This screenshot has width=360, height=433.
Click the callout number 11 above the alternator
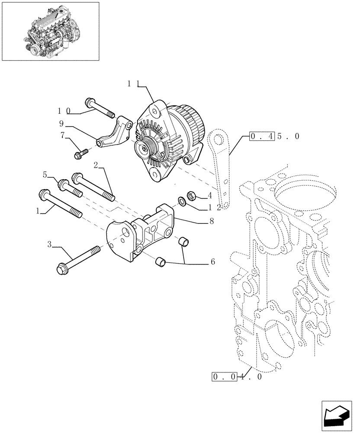tap(133, 84)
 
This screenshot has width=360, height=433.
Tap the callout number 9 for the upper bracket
tap(61, 123)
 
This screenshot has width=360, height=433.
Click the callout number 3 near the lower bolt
tap(50, 246)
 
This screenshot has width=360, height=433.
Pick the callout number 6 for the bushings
tap(212, 262)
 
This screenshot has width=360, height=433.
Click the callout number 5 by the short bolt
tap(45, 174)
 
